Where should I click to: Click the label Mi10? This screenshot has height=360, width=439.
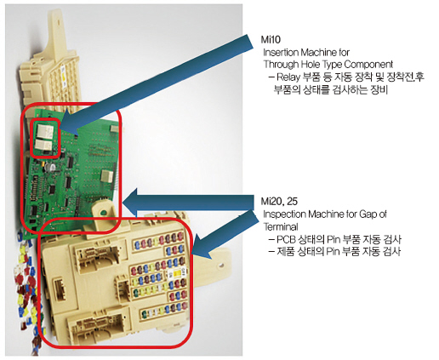(x=271, y=39)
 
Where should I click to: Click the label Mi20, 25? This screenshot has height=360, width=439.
(x=279, y=201)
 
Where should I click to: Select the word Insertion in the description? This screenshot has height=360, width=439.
(x=281, y=52)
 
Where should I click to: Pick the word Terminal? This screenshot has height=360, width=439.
(x=281, y=226)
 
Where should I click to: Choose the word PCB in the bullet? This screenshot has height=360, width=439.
(x=286, y=239)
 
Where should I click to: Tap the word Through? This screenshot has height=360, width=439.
(x=281, y=65)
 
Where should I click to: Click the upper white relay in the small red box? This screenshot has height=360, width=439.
(x=45, y=130)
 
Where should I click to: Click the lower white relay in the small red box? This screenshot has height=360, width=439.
(x=43, y=145)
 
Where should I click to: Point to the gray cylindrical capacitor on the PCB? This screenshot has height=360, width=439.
(x=51, y=167)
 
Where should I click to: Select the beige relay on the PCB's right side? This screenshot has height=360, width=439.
(x=107, y=176)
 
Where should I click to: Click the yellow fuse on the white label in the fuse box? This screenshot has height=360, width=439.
(x=177, y=273)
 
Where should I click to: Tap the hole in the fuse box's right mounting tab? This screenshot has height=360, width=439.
(x=220, y=266)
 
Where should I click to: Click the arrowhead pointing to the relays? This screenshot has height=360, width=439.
(x=71, y=123)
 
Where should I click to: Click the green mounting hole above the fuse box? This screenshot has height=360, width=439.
(x=104, y=212)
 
